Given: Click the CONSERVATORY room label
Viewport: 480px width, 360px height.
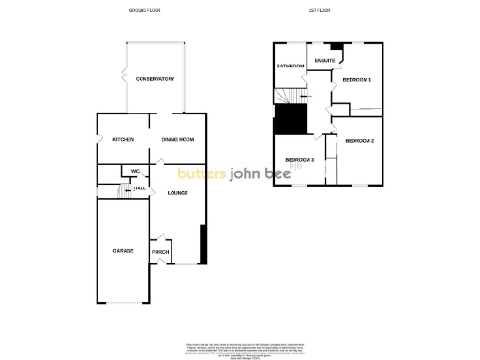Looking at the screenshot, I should (x=155, y=79).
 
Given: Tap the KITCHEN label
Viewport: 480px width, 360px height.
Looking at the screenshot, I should (x=123, y=140).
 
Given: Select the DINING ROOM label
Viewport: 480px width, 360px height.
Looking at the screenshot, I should (x=177, y=140).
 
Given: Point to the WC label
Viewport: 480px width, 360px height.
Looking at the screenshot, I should (x=134, y=171).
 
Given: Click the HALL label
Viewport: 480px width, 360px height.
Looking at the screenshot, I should (x=139, y=188).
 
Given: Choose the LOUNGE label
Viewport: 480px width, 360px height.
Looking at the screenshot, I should (x=177, y=193).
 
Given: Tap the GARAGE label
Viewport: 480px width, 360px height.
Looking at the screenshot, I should (x=123, y=251).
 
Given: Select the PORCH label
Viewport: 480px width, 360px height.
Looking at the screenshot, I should (x=159, y=253).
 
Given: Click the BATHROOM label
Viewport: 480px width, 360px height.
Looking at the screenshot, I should (x=290, y=67).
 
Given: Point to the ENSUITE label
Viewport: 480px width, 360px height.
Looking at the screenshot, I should (x=325, y=61).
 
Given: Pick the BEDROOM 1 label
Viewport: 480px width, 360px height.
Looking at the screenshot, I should (x=357, y=80).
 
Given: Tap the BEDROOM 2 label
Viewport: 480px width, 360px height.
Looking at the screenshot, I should (x=359, y=141).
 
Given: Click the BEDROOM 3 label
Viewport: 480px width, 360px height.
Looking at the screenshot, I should (x=299, y=160).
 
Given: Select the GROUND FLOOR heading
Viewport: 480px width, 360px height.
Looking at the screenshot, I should (x=145, y=10).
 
